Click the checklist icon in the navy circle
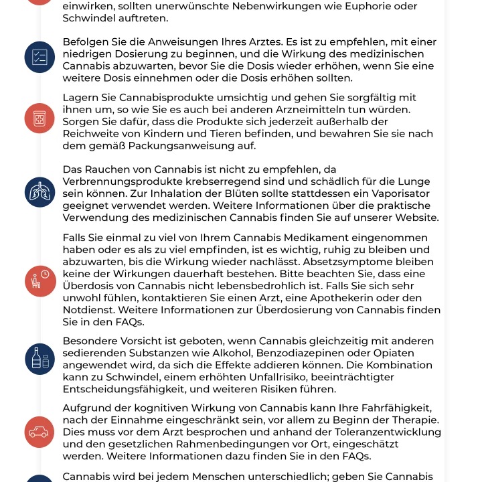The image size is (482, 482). tap(39, 57)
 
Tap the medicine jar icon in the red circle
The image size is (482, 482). tap(39, 118)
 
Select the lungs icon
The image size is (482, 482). tap(39, 192)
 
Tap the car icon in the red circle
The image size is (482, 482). tap(39, 432)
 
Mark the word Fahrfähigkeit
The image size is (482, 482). tap(378, 408)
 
